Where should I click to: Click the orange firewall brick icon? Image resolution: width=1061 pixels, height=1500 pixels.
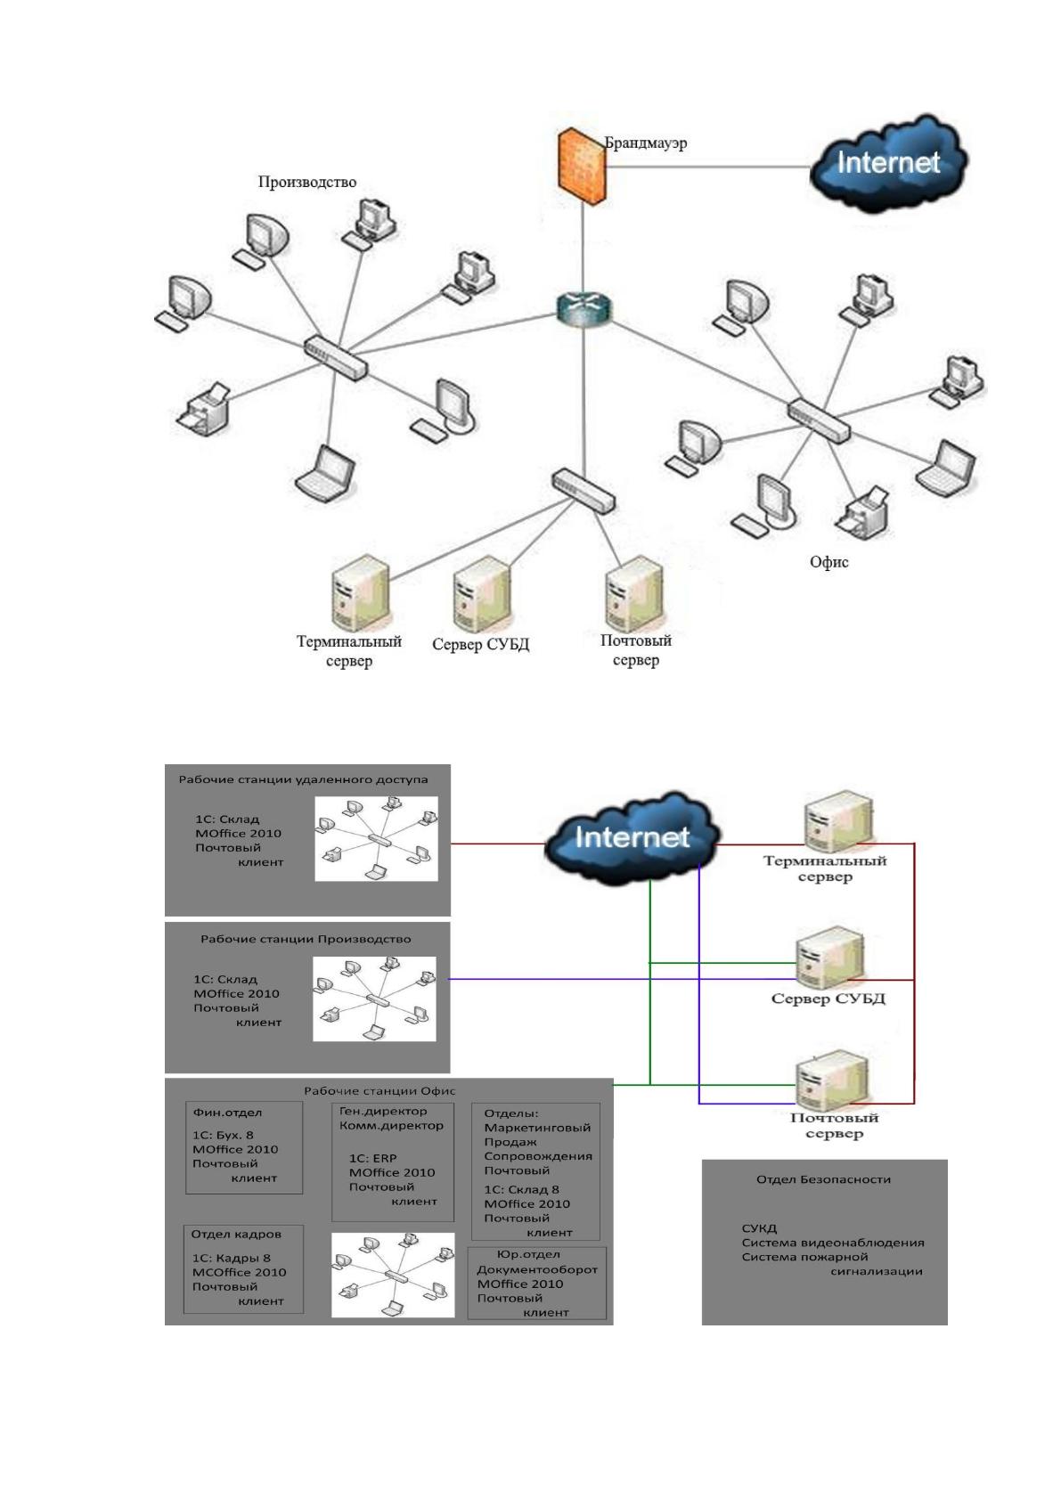tap(582, 166)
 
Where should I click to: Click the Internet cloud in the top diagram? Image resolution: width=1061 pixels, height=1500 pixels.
tap(888, 164)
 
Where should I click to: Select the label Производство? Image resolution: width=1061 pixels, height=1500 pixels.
tap(306, 182)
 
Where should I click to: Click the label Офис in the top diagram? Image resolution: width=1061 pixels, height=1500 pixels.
tap(828, 563)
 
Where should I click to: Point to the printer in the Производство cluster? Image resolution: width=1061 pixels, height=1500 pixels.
tap(204, 409)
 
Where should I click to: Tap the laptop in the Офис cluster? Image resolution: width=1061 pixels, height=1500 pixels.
tap(946, 469)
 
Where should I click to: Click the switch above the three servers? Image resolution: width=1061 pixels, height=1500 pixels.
tap(583, 491)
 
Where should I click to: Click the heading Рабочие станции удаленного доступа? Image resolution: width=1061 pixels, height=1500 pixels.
tap(303, 780)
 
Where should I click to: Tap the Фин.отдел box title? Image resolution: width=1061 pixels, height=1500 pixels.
tap(227, 1113)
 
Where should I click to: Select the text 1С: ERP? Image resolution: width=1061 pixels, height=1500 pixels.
tap(372, 1158)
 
